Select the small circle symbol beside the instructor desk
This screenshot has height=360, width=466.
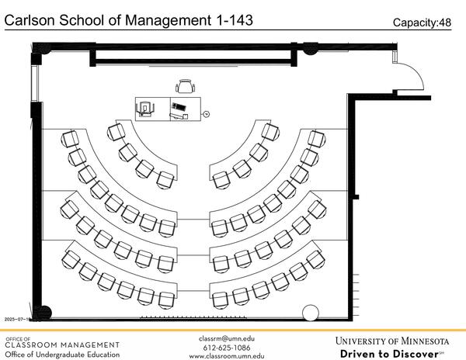pos(207,113)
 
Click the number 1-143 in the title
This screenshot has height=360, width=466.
pos(231,20)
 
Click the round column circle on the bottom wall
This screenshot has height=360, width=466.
pos(310,313)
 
